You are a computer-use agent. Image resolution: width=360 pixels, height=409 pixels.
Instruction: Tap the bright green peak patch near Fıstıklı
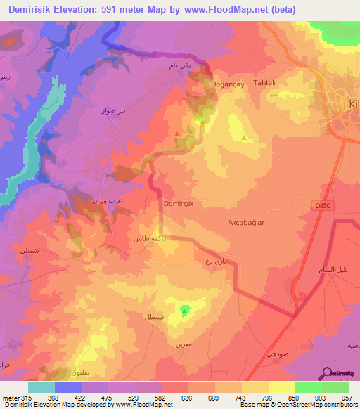(x=186, y=309)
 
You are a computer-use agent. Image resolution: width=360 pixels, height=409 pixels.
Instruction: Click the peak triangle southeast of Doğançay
(x=244, y=137)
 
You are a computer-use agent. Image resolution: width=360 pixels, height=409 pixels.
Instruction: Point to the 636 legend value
(x=167, y=397)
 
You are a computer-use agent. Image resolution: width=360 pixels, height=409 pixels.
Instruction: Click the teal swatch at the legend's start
(x=41, y=387)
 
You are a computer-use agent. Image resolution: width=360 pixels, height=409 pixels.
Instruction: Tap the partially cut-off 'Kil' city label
(x=354, y=103)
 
